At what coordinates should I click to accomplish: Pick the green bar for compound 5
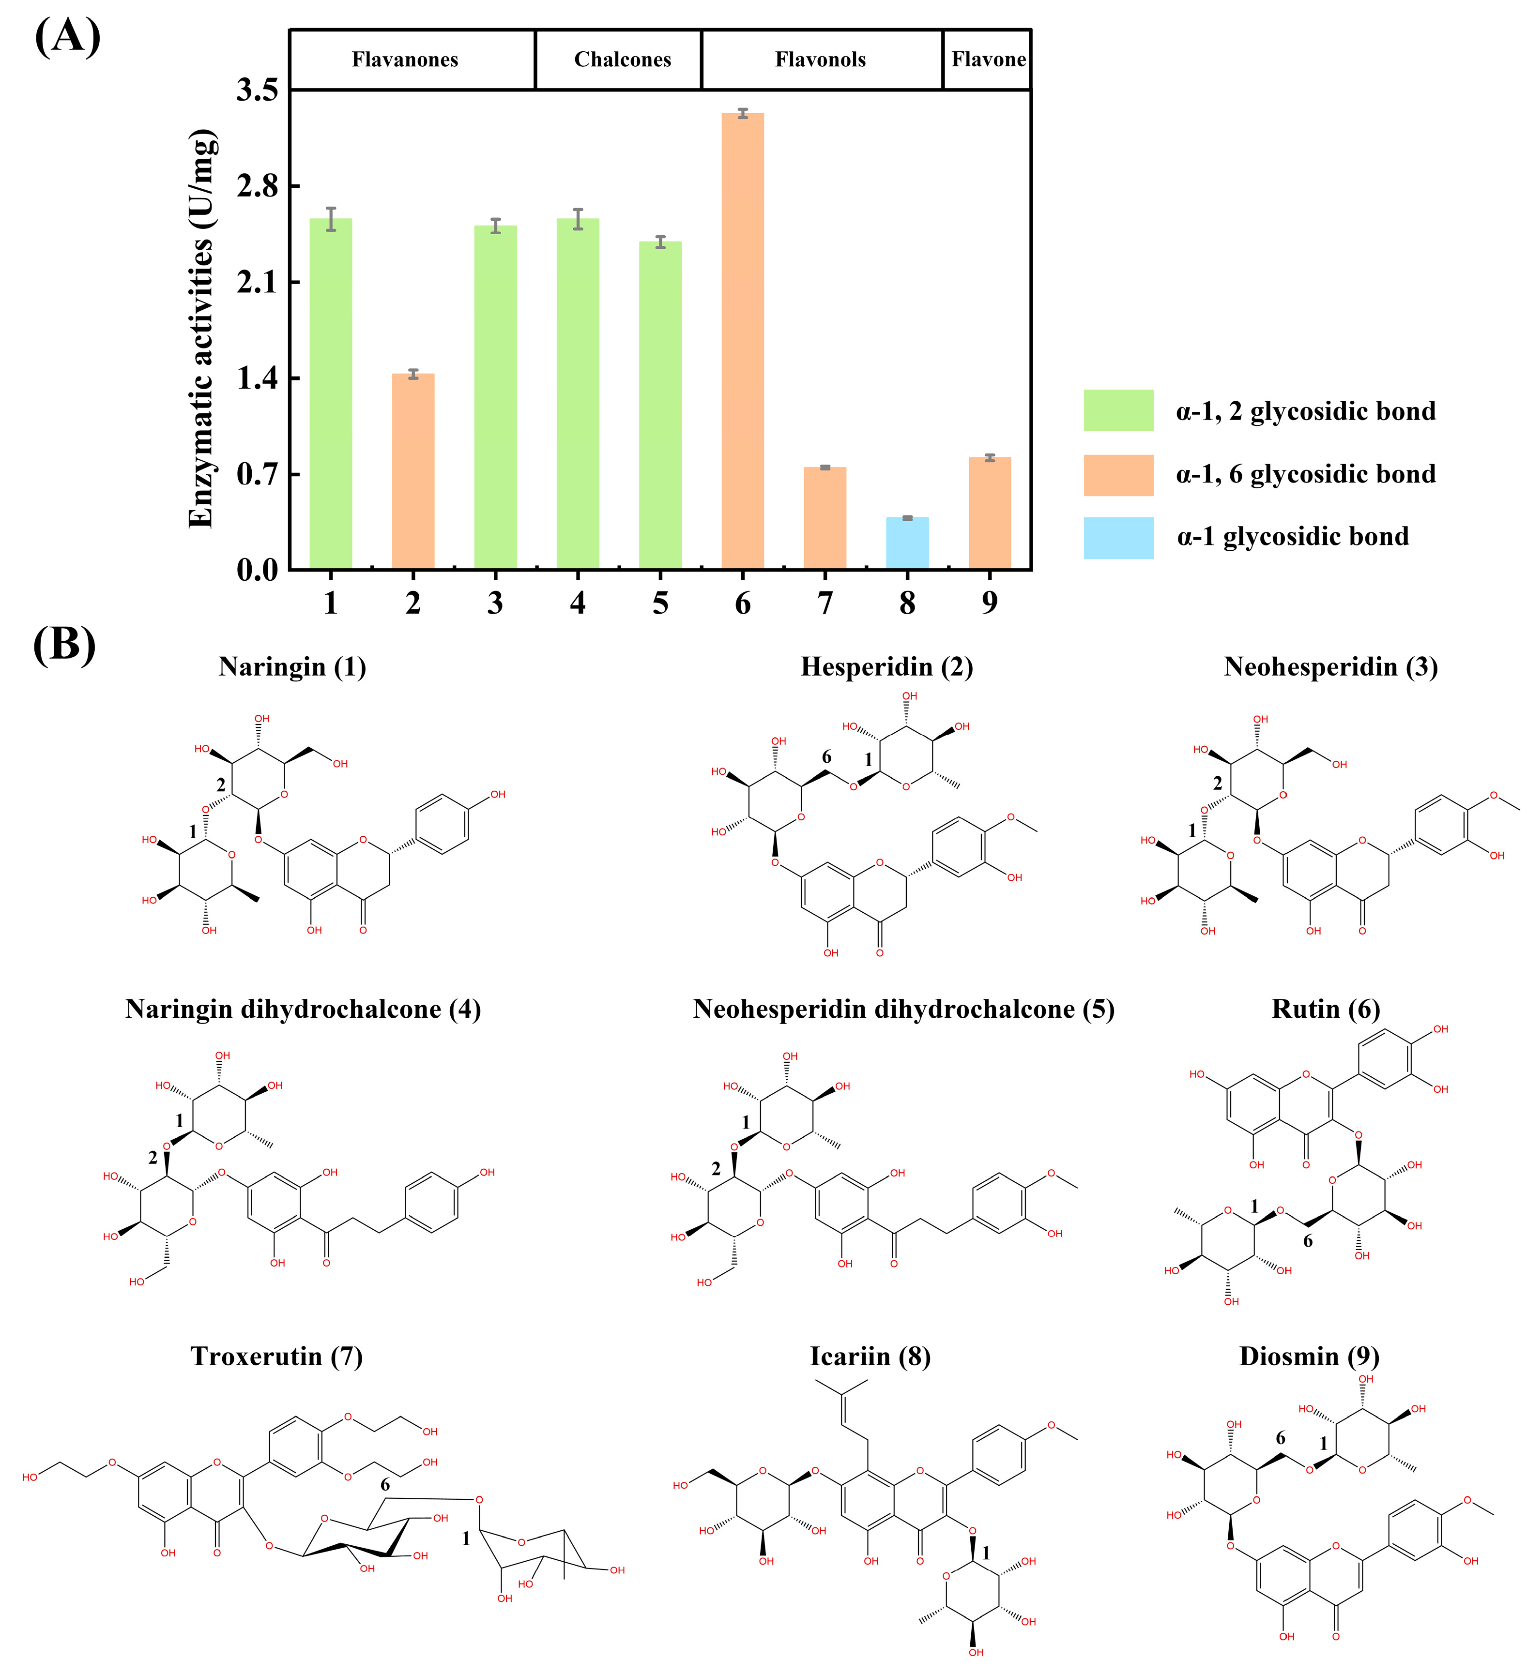pyautogui.click(x=660, y=405)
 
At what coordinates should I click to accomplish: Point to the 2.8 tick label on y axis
pyautogui.click(x=258, y=186)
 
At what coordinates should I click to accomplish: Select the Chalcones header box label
pyautogui.click(x=622, y=60)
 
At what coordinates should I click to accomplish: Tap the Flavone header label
pyautogui.click(x=988, y=60)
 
